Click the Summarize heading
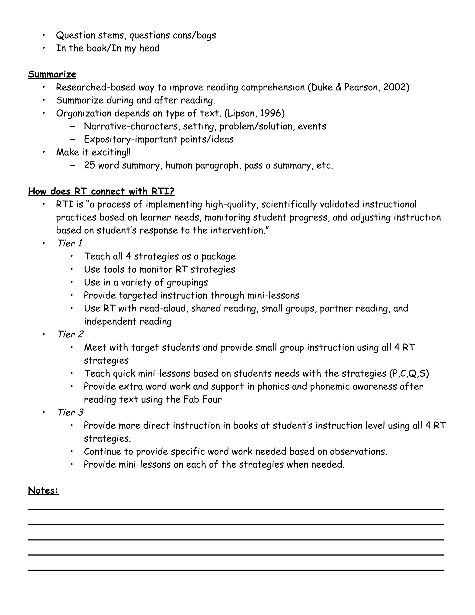pos(52,74)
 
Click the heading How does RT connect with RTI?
pos(101,191)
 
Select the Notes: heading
pos(43,491)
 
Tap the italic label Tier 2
pos(70,334)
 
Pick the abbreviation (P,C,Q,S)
pos(409,373)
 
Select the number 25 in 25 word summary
pos(90,165)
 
